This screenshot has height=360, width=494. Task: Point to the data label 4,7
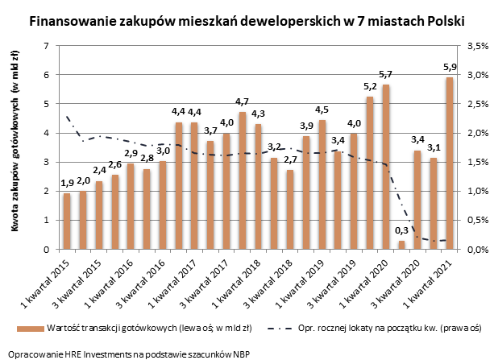click(242, 101)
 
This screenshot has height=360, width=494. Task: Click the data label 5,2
click(369, 86)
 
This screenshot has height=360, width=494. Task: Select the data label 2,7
click(291, 159)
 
